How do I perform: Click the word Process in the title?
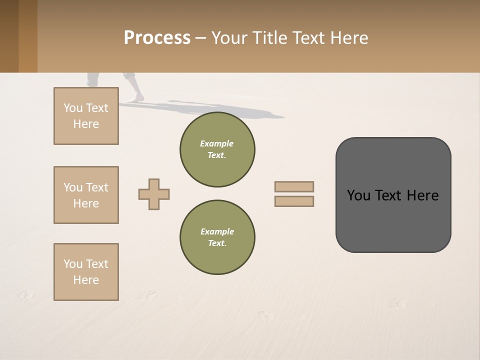click(x=157, y=38)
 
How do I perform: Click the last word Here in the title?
click(x=349, y=38)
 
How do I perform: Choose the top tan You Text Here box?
click(x=86, y=116)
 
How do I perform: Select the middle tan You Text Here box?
click(x=86, y=195)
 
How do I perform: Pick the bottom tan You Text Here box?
click(x=86, y=272)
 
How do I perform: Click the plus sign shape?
click(x=154, y=194)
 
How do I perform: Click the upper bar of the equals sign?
click(x=294, y=186)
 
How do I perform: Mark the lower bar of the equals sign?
click(x=294, y=201)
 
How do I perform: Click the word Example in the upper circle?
click(x=217, y=143)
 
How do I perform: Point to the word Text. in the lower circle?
click(x=217, y=243)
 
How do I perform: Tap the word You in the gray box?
click(x=358, y=195)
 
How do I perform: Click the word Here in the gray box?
click(x=422, y=195)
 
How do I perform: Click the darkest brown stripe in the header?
click(x=9, y=36)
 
